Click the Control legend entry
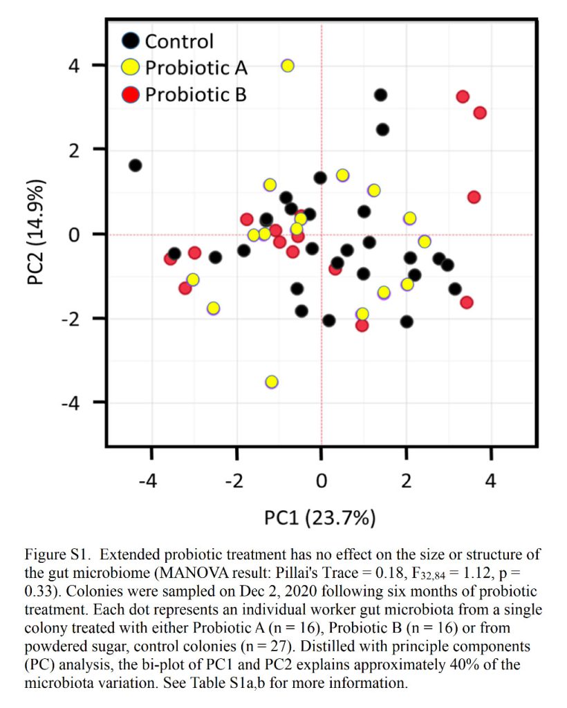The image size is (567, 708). (178, 41)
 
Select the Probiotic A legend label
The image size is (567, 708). (196, 67)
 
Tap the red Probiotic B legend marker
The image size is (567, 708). (130, 93)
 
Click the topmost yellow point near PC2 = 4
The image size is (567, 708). (288, 66)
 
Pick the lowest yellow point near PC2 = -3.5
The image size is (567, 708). (272, 382)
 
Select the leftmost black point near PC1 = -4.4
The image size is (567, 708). (136, 165)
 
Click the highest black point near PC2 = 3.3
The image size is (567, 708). (380, 95)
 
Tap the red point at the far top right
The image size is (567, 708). (480, 113)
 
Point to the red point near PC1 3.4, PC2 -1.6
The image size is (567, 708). (467, 302)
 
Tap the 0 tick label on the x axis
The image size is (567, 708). (322, 480)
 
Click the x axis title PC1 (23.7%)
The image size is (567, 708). (320, 516)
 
